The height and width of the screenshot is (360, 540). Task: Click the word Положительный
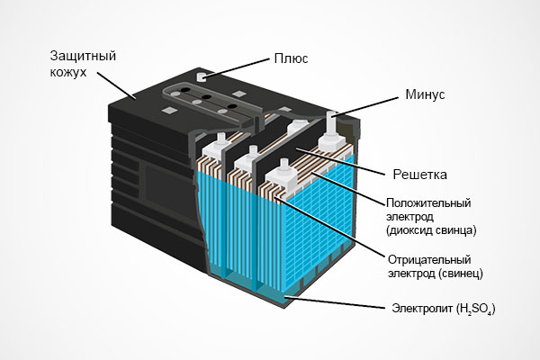[x=429, y=202]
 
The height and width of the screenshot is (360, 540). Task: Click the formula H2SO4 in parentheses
[x=475, y=310]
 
